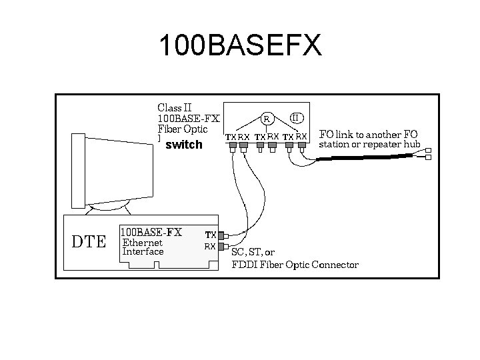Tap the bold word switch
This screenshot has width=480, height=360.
pyautogui.click(x=183, y=144)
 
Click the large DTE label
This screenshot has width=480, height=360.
pyautogui.click(x=89, y=241)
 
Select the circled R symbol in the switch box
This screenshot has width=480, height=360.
pyautogui.click(x=266, y=119)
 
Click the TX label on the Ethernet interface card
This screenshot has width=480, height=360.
pyautogui.click(x=210, y=235)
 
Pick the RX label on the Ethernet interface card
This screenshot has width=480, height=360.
pyautogui.click(x=210, y=246)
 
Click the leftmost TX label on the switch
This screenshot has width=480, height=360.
pyautogui.click(x=230, y=137)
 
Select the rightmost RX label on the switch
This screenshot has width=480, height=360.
pyautogui.click(x=301, y=137)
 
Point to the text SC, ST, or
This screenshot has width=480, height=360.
pyautogui.click(x=253, y=252)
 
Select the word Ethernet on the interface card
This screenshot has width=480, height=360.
pyautogui.click(x=142, y=243)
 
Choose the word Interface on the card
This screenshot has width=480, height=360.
pyautogui.click(x=143, y=252)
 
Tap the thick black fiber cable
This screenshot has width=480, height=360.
pyautogui.click(x=360, y=157)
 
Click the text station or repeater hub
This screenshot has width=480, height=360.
pyautogui.click(x=370, y=144)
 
